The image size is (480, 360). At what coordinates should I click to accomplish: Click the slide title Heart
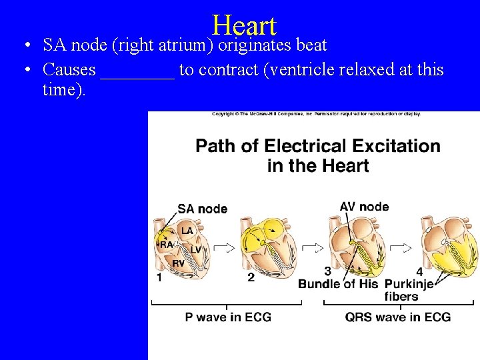click(x=244, y=25)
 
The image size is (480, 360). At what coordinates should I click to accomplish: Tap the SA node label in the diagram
click(x=202, y=209)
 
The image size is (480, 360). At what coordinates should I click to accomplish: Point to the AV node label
click(x=364, y=206)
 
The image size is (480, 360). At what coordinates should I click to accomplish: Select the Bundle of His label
click(x=339, y=284)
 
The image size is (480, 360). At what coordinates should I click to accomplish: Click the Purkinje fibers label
click(x=408, y=290)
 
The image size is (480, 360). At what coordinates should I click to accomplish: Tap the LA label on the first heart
click(x=187, y=231)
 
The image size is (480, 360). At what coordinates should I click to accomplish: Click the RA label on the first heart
click(x=167, y=245)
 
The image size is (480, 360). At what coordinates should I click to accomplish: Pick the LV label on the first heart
click(x=195, y=249)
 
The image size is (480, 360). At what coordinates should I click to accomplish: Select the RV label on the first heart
click(x=178, y=263)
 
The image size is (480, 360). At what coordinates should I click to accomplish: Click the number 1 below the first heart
click(x=159, y=277)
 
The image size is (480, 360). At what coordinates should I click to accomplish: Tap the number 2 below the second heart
click(x=251, y=277)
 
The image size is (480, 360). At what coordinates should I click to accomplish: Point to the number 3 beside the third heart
click(x=327, y=271)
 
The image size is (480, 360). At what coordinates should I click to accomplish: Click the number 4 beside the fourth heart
click(x=419, y=271)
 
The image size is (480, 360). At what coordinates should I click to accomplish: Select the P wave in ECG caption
click(x=228, y=317)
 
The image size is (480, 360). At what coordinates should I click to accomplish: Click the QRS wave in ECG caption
click(x=397, y=317)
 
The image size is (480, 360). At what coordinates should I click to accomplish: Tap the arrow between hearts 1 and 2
click(x=225, y=248)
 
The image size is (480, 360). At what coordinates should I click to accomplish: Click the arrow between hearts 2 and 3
click(x=312, y=248)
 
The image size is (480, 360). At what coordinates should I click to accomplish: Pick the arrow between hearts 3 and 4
click(x=400, y=248)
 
